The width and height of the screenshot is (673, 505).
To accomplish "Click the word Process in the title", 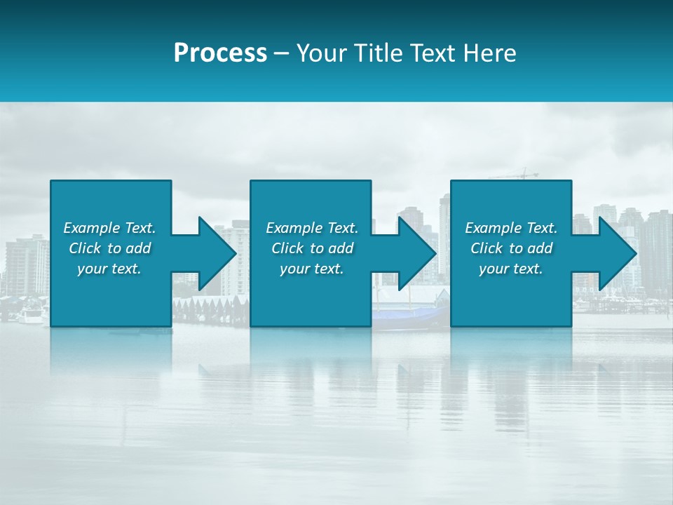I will pos(220,53).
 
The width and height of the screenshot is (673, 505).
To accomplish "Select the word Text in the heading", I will pos(434,53).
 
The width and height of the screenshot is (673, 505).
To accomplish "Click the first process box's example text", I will pos(109,248).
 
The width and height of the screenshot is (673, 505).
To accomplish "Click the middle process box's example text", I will pos(312,248).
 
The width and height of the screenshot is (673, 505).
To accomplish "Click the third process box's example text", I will pos(511,248).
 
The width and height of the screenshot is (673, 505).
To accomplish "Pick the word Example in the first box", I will pos(91,228).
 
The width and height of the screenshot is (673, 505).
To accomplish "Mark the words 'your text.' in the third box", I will pos(511,269).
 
